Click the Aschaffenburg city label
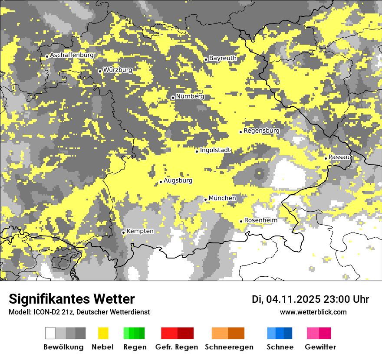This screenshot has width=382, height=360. (x=72, y=56)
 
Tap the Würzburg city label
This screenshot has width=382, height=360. (x=118, y=70)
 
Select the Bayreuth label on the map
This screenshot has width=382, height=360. (x=223, y=58)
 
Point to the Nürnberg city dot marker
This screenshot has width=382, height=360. (x=173, y=98)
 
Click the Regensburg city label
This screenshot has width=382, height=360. (x=261, y=131)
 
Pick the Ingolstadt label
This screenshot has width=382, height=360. (x=215, y=150)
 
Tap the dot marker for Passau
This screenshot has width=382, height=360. (x=326, y=158)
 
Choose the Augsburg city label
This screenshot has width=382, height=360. (x=178, y=180)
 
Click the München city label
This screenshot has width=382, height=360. (x=222, y=198)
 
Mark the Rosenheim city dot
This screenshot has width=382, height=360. (x=241, y=222)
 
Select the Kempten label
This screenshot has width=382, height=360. (x=140, y=231)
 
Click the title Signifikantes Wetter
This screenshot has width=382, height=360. (x=72, y=299)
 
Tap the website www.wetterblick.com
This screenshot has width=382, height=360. (x=313, y=312)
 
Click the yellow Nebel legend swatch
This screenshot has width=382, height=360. (x=103, y=333)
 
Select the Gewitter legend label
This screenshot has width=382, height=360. (x=320, y=347)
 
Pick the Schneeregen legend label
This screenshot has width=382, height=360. (x=229, y=347)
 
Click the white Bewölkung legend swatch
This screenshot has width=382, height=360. (x=50, y=333)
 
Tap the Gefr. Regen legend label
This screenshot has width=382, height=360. (x=177, y=347)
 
